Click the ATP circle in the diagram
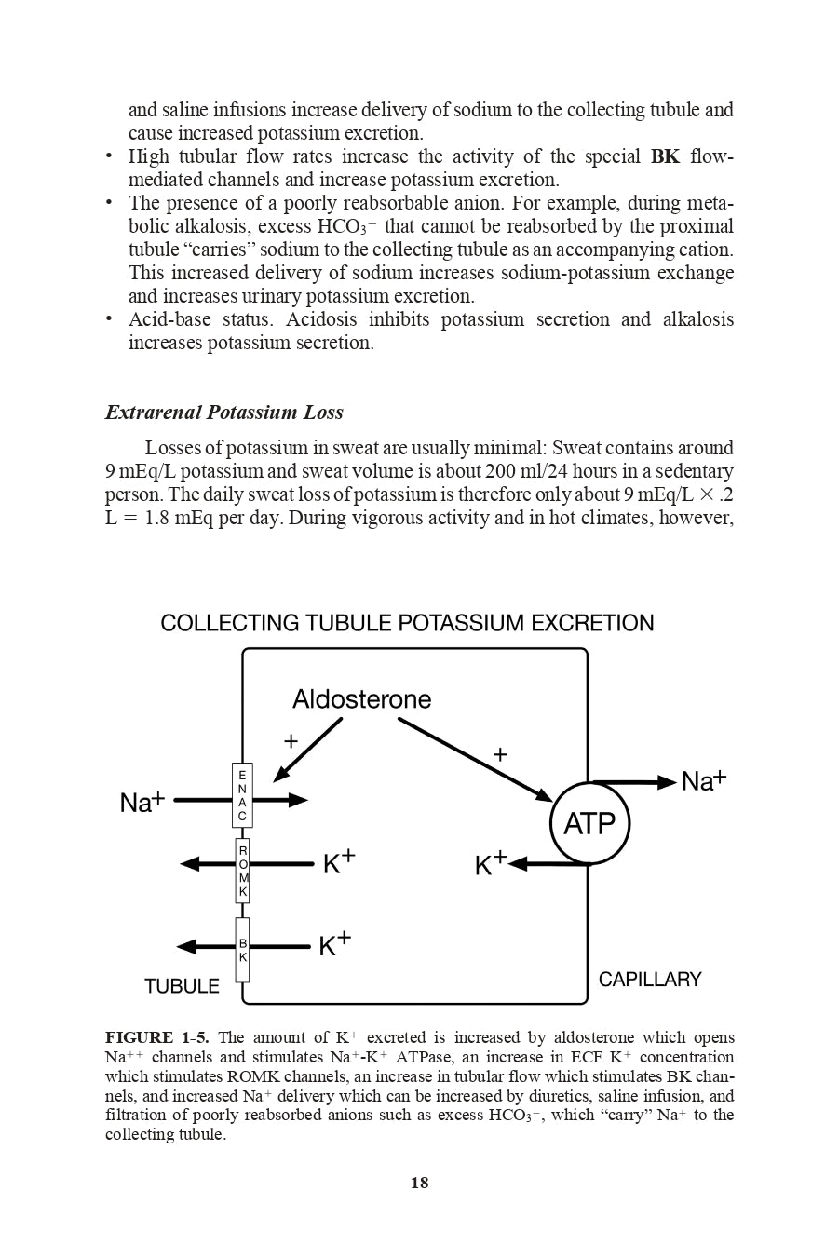(589, 824)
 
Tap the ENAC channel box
(242, 795)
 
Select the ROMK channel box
(243, 871)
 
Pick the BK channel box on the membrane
(243, 950)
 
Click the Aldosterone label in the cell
(361, 699)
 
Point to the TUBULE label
(183, 986)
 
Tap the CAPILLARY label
(650, 980)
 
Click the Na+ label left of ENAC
(142, 802)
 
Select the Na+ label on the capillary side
(704, 781)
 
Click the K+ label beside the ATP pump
(491, 864)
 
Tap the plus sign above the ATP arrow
(500, 754)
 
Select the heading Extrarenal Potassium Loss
(223, 413)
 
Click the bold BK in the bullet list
(665, 156)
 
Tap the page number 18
(419, 1183)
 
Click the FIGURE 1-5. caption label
(156, 1037)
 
